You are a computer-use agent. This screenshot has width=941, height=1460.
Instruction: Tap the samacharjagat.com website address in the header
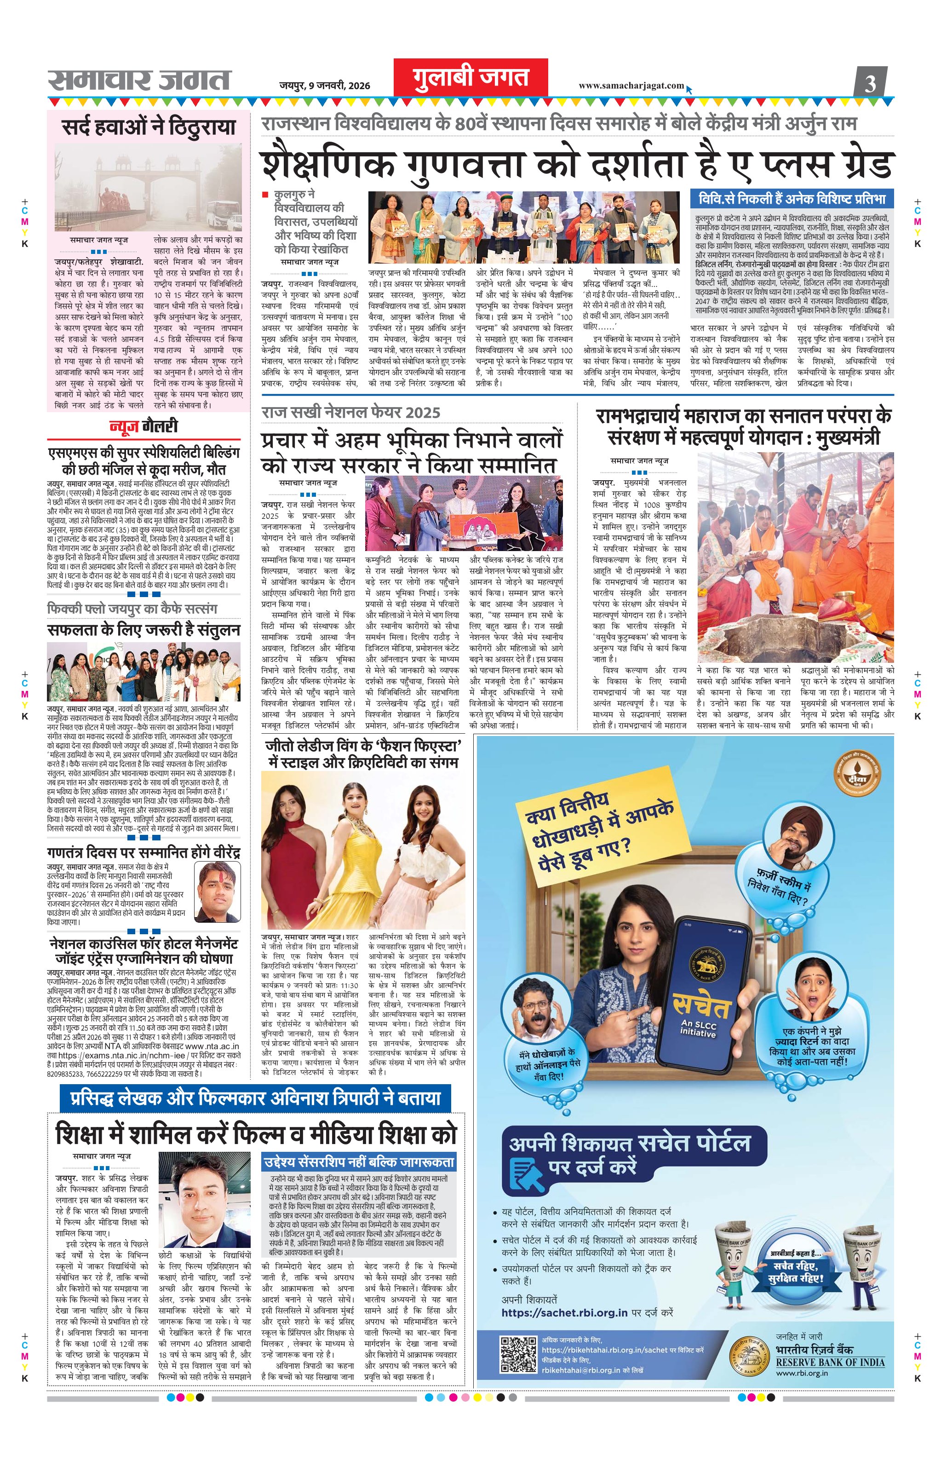coord(631,86)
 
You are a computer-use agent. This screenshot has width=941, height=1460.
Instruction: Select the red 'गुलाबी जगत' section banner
coord(470,79)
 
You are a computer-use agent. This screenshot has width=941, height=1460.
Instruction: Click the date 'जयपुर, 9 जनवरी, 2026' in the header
coord(324,86)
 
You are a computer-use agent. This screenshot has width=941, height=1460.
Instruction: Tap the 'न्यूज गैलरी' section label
coord(144,426)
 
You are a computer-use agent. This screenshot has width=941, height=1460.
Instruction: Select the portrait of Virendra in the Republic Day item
coord(217,891)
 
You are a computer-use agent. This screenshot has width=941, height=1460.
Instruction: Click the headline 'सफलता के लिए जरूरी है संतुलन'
coord(144,630)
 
